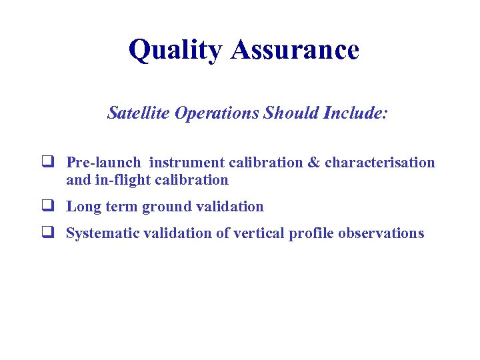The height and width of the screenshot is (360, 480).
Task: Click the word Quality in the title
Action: point(175,51)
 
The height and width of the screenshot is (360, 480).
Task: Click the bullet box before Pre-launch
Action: point(47,162)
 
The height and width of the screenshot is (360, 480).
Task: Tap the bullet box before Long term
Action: point(47,207)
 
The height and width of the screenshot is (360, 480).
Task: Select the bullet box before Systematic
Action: point(47,233)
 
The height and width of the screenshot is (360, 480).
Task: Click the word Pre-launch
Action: point(103,163)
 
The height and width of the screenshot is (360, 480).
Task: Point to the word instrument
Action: point(187,163)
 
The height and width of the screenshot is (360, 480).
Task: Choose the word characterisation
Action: point(380,163)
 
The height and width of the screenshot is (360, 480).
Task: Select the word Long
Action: point(83,207)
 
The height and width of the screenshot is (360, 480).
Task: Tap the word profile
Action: point(312,234)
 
